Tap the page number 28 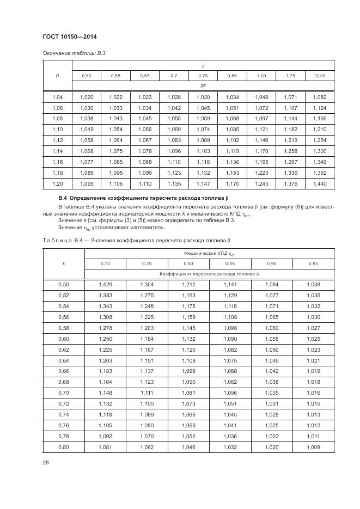tap(45, 463)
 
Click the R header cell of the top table tap(57, 76)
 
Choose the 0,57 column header tap(145, 76)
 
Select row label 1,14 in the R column tap(57, 151)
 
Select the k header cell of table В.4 tap(63, 263)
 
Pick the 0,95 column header tap(313, 263)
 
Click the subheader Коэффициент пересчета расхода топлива tap(209, 274)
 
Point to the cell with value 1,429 tap(105, 285)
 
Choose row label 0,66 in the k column tap(63, 371)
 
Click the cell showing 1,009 tap(313, 447)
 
